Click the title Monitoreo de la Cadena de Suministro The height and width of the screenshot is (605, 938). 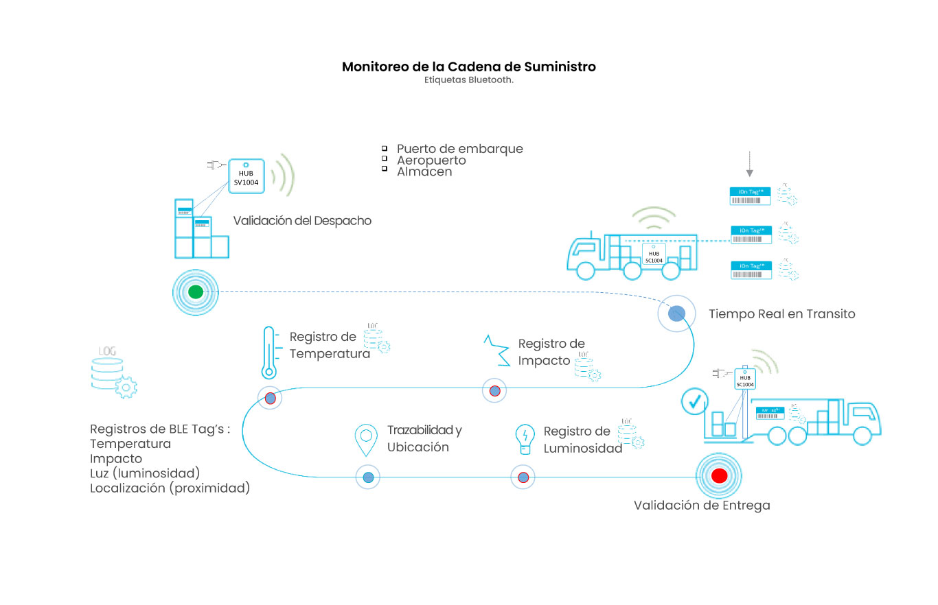[468, 67]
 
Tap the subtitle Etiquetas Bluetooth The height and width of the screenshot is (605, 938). [468, 80]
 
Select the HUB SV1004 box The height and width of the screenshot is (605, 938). [246, 174]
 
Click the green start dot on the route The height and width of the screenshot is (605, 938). [196, 292]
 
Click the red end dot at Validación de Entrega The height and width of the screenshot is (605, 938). [719, 475]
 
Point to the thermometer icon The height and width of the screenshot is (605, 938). [268, 353]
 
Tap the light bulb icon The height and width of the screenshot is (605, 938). [525, 439]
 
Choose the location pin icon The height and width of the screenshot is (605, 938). [366, 440]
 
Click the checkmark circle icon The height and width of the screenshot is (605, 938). [694, 401]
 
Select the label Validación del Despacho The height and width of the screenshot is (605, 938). [302, 221]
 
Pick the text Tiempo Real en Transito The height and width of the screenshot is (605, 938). [782, 314]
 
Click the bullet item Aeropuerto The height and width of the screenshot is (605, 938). [431, 161]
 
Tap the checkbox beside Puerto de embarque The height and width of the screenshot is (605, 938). [385, 149]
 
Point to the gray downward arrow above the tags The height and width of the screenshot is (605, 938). [750, 164]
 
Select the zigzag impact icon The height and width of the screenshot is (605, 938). [496, 349]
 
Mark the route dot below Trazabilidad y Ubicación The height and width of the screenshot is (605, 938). [368, 477]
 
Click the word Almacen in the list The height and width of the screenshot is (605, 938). [424, 172]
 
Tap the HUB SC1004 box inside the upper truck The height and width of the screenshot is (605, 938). [654, 253]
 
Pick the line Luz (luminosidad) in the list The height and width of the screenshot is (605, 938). [145, 473]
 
